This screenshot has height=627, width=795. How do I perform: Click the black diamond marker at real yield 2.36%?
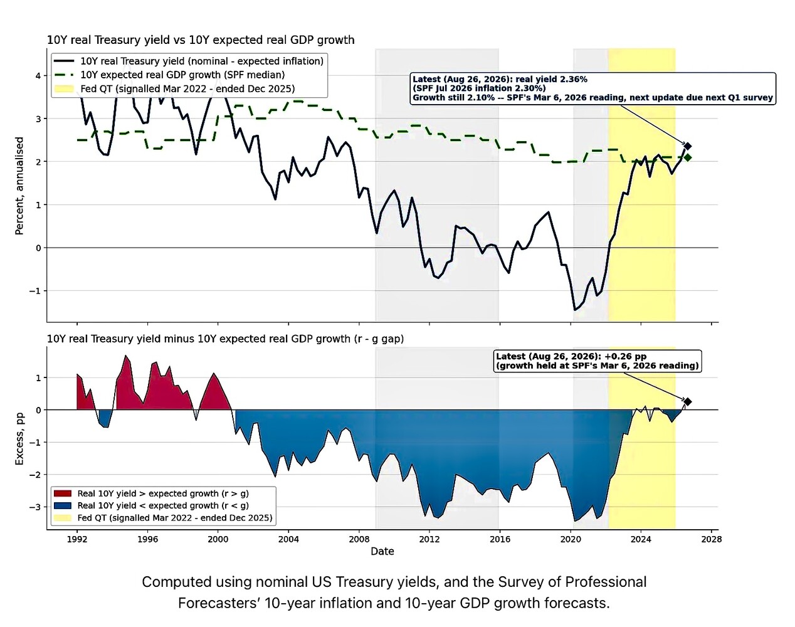688,146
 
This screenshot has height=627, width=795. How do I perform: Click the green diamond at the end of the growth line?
688,157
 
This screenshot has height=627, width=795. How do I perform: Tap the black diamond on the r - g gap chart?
688,402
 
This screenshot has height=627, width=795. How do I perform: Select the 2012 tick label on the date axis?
429,539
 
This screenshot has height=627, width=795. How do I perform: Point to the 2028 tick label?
712,539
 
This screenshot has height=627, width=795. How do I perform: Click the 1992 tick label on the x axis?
77,539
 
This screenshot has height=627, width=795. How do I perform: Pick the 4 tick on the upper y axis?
38,76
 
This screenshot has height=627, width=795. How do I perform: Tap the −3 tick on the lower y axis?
36,507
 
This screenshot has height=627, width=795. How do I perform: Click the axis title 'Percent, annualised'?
19,186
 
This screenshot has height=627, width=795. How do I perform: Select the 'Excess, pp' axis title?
19,438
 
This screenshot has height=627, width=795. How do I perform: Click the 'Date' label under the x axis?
382,551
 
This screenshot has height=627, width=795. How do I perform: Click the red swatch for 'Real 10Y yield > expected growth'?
63,493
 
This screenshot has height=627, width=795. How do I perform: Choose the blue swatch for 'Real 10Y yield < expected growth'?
63,505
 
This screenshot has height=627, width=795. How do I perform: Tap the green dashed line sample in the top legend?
64,75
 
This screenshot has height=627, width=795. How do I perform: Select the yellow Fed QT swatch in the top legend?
64,89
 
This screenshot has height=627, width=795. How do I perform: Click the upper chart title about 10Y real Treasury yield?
201,40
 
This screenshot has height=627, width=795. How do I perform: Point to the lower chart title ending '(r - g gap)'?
225,339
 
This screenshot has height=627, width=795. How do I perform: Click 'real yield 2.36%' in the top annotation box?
552,79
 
